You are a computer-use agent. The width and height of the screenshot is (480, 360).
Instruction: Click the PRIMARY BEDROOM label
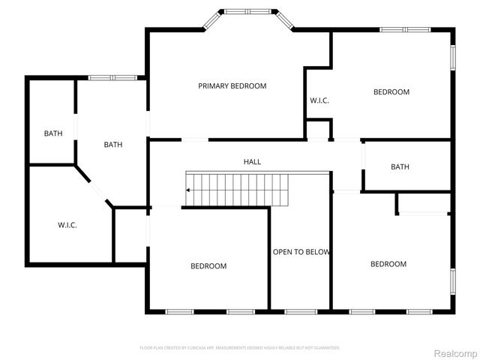pos(232,86)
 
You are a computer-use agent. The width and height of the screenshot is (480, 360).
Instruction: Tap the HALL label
pos(252,162)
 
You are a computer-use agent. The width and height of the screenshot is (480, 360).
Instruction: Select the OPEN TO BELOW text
pos(301,252)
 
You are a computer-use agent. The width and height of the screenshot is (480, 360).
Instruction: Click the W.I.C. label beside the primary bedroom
pos(319,100)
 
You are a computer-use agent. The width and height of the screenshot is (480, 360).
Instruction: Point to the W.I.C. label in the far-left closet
pos(67,225)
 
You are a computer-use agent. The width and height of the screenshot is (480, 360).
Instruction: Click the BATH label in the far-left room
pos(52,133)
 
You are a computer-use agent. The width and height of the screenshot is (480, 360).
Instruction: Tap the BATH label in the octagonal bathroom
pos(113,145)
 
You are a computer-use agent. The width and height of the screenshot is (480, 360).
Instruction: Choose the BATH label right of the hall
pos(400,166)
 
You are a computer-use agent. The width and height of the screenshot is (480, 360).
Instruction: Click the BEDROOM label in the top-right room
pos(391,92)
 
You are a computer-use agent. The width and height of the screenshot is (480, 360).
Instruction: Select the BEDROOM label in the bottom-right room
pos(388,264)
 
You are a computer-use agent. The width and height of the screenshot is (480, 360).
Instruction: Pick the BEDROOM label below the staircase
pos(208,266)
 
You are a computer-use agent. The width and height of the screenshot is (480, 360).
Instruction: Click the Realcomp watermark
pos(456,353)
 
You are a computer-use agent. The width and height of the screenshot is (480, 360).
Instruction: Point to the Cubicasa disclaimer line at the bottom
pos(240,348)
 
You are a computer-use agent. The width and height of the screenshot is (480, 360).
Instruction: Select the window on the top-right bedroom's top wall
pos(404,30)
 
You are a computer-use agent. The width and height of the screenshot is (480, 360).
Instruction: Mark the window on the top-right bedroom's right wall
pos(453,58)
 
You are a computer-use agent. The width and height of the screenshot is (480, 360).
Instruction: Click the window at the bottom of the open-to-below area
pos(301,311)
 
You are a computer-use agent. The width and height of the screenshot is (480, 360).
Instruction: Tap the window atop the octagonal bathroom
pos(112,77)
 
